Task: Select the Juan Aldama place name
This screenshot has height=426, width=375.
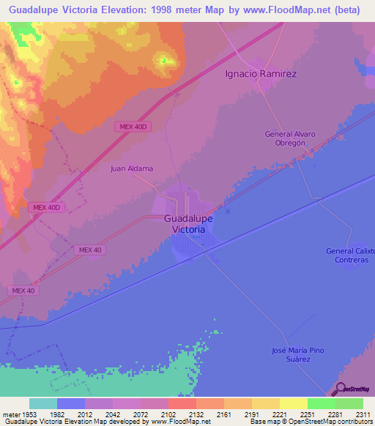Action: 132,168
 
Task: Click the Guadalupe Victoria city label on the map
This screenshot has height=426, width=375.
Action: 189,223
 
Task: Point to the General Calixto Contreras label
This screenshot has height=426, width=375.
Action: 351,255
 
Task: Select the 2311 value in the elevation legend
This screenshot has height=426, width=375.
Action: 363,414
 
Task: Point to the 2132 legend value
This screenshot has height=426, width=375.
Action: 196,414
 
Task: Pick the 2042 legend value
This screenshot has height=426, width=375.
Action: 113,414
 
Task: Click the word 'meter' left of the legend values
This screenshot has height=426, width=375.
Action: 10,414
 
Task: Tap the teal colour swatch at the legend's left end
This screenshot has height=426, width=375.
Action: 42,403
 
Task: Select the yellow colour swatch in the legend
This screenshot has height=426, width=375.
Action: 293,403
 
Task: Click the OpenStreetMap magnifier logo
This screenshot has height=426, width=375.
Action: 341,389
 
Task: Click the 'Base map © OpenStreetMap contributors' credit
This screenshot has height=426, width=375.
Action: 311,422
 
